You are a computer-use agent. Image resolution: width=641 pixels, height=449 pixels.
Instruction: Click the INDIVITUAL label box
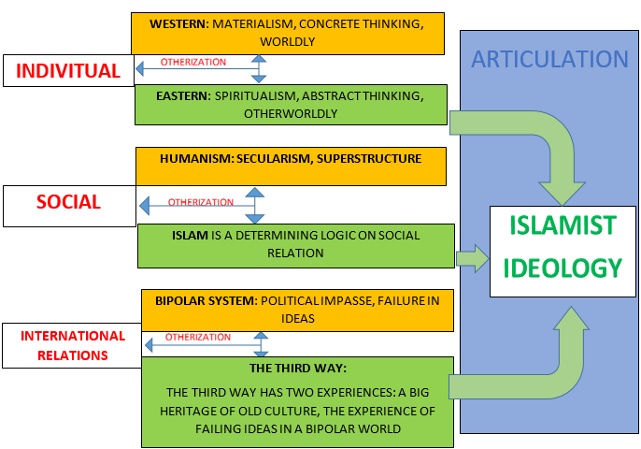(x=68, y=71)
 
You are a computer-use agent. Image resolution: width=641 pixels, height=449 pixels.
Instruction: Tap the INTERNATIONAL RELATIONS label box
(x=72, y=344)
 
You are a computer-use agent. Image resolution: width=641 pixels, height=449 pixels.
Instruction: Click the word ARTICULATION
(x=549, y=60)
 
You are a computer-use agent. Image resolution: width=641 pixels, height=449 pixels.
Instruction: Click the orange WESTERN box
(x=288, y=33)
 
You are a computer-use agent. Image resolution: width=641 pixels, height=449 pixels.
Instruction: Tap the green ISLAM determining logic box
(x=296, y=245)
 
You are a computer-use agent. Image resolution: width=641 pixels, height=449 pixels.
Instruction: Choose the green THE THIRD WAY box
(x=296, y=401)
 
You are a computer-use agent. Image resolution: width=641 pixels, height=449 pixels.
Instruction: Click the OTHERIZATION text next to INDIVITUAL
(x=193, y=63)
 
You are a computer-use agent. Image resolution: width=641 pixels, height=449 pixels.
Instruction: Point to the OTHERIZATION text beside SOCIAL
(x=201, y=202)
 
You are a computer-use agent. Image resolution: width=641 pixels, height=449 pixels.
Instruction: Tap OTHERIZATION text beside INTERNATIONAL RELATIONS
(x=197, y=338)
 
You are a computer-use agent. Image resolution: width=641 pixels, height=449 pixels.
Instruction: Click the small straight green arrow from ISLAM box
(x=473, y=259)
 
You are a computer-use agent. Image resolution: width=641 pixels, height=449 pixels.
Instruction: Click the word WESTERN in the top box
(x=168, y=22)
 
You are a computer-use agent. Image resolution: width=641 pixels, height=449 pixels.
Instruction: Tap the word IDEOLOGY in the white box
(x=563, y=268)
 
